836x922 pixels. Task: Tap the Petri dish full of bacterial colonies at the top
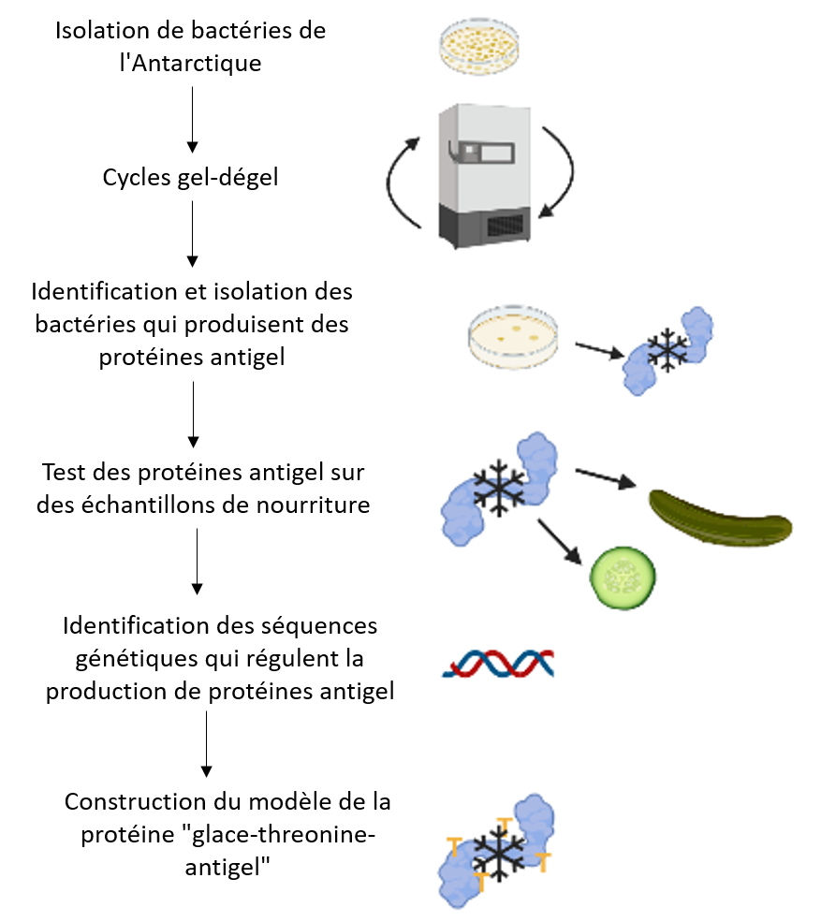coord(479,46)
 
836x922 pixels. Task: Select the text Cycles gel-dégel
coord(190,178)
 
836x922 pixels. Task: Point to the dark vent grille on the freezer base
coord(505,225)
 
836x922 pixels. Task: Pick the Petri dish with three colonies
coord(513,337)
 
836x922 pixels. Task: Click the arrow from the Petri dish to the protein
coord(599,350)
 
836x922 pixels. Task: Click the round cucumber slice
coord(623,578)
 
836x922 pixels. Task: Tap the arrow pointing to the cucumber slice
coord(559,542)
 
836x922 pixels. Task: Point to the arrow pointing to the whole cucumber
coord(606,478)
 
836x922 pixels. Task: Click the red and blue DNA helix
coord(499,664)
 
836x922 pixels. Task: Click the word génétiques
coord(137,659)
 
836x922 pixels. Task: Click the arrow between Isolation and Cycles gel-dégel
coord(192,120)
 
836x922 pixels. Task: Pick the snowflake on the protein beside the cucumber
coord(499,488)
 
